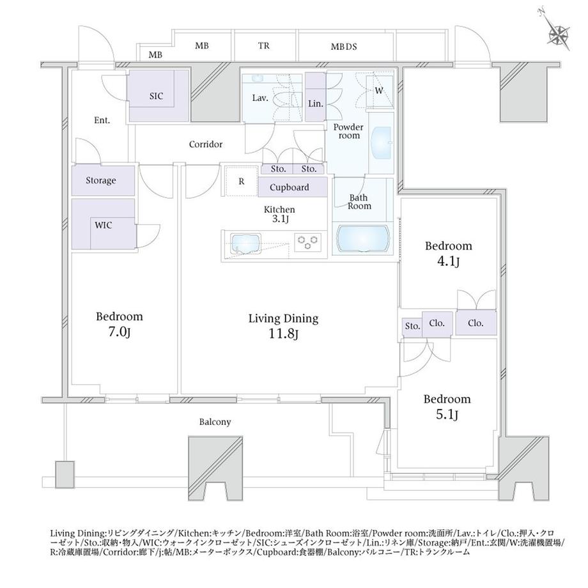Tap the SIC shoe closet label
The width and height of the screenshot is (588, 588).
[156, 96]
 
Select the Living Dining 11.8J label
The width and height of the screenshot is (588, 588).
[284, 325]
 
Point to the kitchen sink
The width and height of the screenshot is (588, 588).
[245, 244]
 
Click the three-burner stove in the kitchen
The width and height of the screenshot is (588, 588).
[307, 242]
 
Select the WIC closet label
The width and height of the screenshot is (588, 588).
[103, 226]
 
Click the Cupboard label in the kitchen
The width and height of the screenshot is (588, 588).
[289, 187]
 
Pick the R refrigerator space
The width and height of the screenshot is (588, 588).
[242, 181]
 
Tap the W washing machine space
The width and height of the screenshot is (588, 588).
[380, 91]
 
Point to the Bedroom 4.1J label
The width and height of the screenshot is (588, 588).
[448, 254]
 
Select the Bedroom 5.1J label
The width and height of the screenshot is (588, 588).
[447, 406]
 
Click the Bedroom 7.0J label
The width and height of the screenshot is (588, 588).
[120, 324]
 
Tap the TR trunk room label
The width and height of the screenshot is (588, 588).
[263, 46]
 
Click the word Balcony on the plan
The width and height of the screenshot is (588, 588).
[215, 422]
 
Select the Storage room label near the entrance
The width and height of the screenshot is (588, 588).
[101, 180]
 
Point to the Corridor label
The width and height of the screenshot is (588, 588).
[206, 144]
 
